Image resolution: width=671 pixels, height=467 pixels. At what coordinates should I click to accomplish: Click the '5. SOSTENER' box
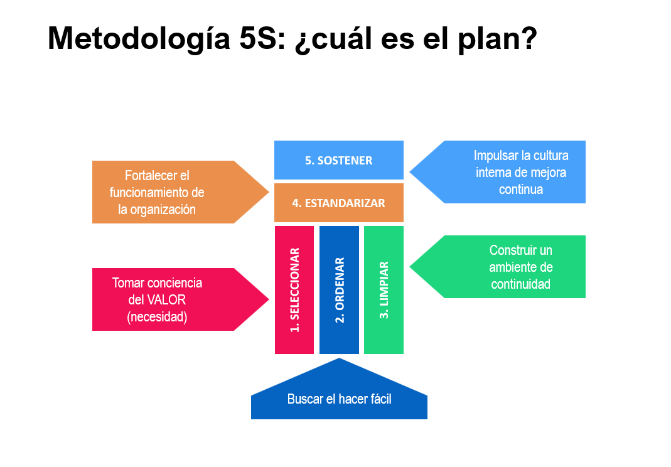(x=338, y=159)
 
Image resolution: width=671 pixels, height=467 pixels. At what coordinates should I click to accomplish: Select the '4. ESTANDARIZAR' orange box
(x=338, y=203)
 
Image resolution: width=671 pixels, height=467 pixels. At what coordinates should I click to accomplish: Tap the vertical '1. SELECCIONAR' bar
(x=294, y=290)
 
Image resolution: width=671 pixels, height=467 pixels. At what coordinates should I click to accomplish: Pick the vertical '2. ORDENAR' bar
(x=339, y=290)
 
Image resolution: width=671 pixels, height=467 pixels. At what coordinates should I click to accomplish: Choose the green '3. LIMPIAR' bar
(x=384, y=290)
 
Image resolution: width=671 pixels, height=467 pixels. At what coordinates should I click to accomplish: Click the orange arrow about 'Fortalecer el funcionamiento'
(x=180, y=192)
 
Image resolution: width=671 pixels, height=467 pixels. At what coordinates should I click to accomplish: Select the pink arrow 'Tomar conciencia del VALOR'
(x=180, y=299)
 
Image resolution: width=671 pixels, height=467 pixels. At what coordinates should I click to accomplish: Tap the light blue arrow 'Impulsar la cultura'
(x=497, y=171)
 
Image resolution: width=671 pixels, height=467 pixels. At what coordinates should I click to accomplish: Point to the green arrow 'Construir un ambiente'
(x=497, y=267)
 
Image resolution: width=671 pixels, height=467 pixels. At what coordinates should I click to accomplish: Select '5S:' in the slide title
(x=262, y=38)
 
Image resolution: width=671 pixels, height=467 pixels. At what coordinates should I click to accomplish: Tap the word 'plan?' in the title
(x=497, y=40)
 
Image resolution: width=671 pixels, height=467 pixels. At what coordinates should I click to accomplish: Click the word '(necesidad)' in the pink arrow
(x=157, y=317)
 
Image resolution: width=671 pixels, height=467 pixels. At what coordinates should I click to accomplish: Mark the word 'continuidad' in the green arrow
(x=521, y=284)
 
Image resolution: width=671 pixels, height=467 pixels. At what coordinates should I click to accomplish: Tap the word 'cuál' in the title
(x=334, y=39)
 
